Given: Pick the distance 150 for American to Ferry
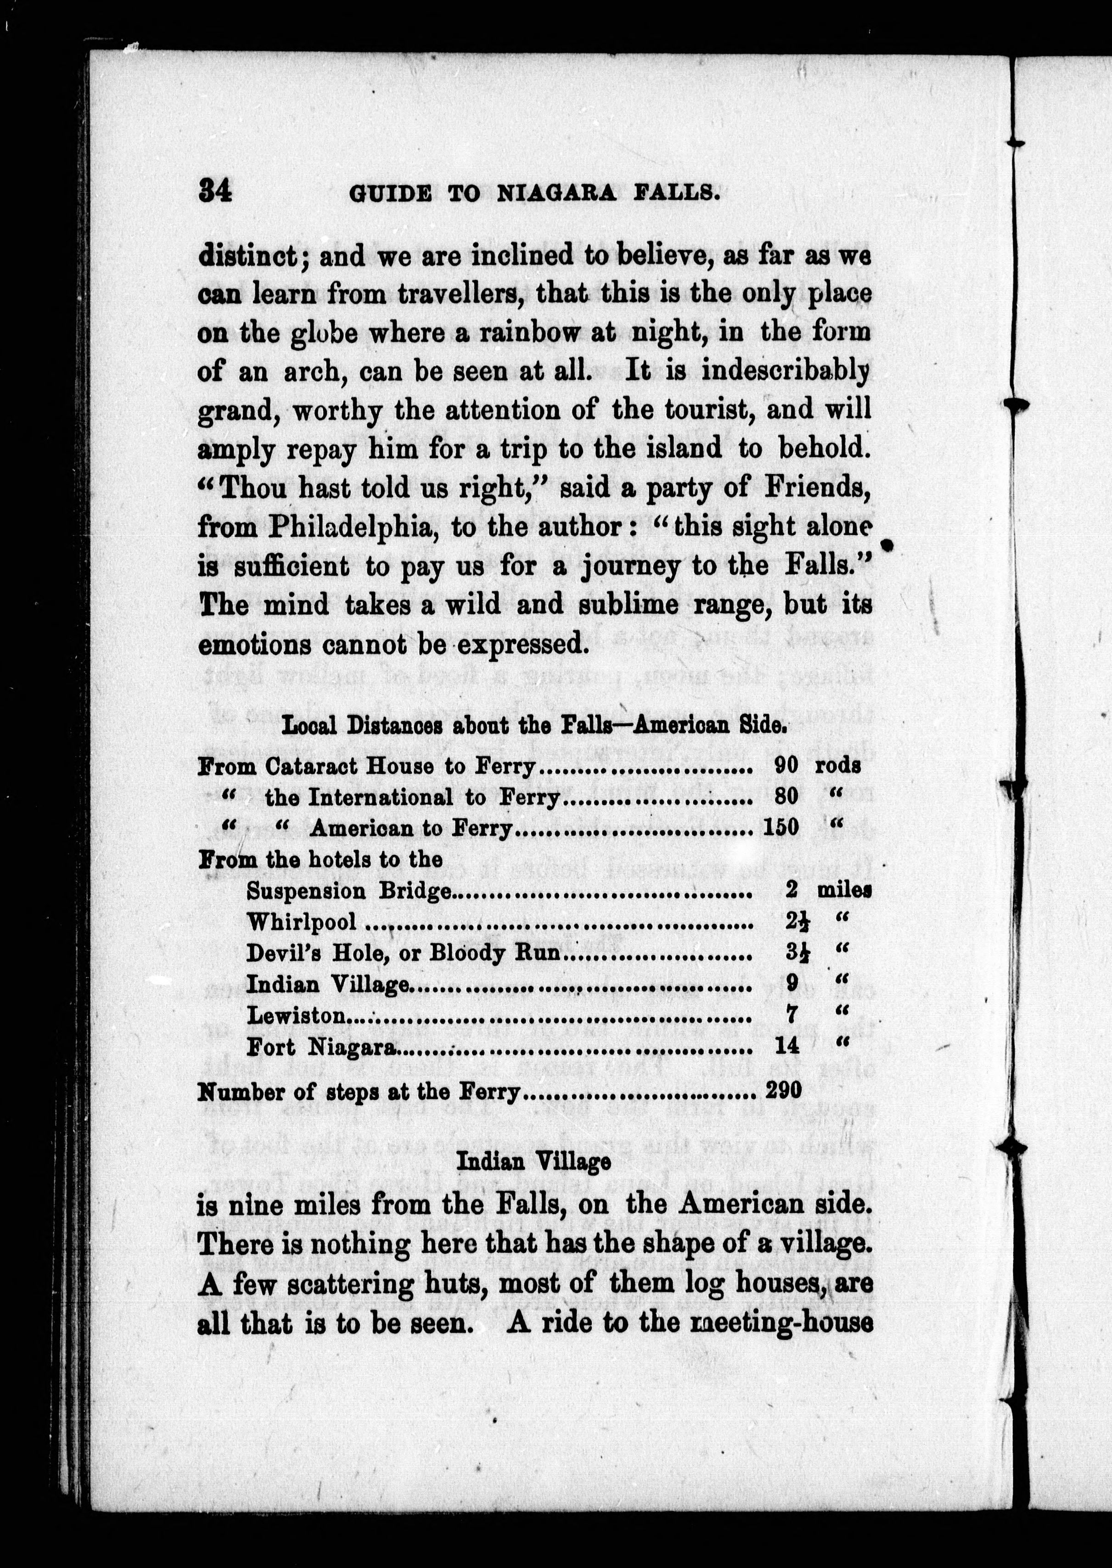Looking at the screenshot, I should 781,828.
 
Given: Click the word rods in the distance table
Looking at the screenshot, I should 837,766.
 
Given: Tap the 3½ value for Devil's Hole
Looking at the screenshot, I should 792,953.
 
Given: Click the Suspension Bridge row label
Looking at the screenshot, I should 349,891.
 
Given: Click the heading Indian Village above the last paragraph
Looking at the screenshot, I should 533,1161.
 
